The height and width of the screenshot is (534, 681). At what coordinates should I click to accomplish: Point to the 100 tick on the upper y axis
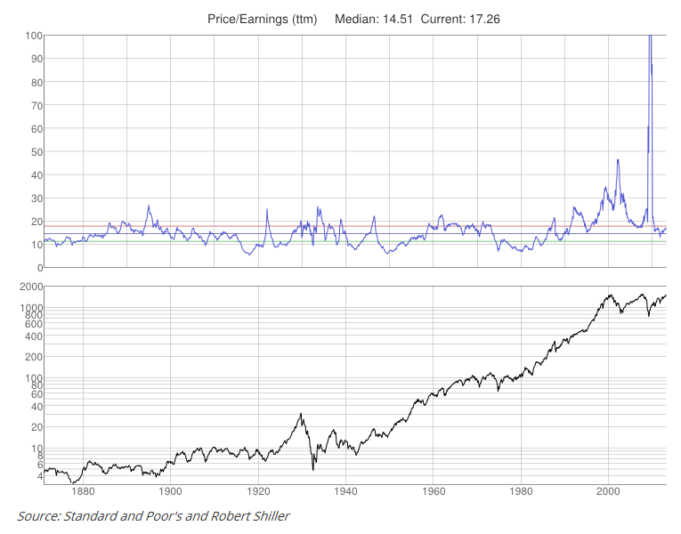32,36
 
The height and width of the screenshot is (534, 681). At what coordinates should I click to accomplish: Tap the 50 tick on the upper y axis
35,152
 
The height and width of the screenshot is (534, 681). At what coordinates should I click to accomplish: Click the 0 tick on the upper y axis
38,268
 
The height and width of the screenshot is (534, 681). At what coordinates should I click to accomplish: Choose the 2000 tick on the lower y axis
28,287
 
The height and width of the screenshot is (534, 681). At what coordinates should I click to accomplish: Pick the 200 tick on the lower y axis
32,357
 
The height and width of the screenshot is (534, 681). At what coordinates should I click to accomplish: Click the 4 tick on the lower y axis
38,476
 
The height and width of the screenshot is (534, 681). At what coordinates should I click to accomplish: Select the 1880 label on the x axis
83,490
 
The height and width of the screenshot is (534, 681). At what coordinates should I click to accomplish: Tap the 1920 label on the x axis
258,490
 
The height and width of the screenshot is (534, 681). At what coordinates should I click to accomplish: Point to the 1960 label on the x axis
434,490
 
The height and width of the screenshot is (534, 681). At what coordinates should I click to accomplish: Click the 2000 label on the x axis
609,490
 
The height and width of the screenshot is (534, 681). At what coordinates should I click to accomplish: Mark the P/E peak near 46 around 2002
618,160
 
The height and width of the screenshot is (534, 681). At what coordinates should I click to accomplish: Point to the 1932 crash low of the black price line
313,469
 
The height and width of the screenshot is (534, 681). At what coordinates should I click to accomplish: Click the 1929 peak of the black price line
301,414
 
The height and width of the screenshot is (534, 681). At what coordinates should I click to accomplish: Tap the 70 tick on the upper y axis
35,105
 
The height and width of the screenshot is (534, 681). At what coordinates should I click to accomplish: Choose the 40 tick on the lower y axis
35,406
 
